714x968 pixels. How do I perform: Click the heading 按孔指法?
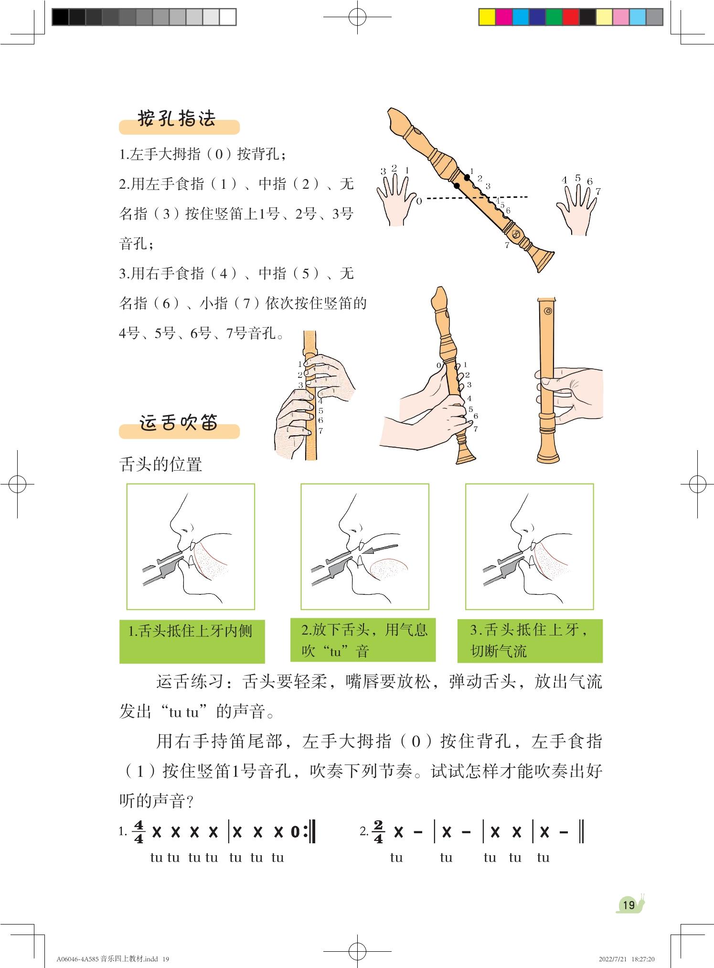click(x=177, y=118)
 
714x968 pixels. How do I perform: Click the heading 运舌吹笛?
click(x=179, y=422)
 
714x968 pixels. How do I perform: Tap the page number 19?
click(x=629, y=904)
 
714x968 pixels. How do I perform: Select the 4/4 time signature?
click(x=139, y=832)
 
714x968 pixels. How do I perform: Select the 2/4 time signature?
click(x=378, y=832)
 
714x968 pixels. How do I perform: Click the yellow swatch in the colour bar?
click(x=487, y=17)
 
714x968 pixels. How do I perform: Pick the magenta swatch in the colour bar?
click(x=504, y=17)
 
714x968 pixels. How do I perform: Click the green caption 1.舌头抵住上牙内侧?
click(x=192, y=641)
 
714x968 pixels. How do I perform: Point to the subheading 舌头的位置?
click(x=160, y=464)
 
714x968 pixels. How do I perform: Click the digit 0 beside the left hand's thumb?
click(x=419, y=201)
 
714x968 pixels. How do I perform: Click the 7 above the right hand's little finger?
click(x=598, y=191)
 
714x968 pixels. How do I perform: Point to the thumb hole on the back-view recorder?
click(x=548, y=311)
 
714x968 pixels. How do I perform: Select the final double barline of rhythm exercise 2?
click(x=581, y=831)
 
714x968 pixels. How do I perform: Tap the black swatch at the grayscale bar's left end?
click(x=60, y=17)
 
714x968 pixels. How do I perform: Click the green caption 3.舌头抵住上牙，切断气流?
click(x=530, y=641)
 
